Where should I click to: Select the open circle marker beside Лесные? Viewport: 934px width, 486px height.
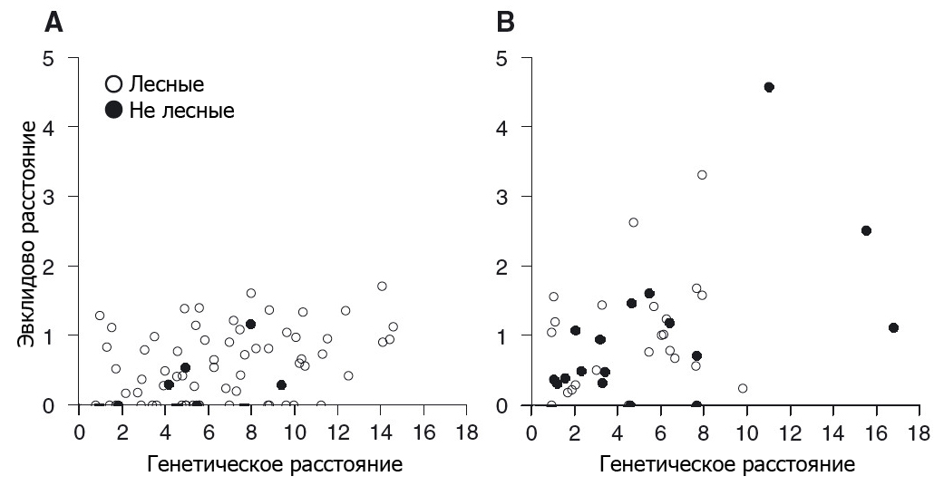[x=113, y=85]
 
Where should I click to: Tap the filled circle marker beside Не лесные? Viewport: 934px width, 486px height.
[x=113, y=110]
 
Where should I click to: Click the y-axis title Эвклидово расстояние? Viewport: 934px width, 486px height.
[x=31, y=231]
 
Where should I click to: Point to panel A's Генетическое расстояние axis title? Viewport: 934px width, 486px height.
[x=274, y=465]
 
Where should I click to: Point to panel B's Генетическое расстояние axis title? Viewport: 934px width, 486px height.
[x=726, y=465]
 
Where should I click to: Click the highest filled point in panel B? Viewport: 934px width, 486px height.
[x=769, y=87]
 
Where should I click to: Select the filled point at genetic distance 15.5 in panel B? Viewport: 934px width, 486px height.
[x=866, y=230]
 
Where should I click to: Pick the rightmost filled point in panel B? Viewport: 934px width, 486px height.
[x=893, y=327]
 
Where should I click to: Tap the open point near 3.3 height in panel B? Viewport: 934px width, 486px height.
[x=702, y=175]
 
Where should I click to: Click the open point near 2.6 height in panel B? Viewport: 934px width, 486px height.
[x=634, y=222]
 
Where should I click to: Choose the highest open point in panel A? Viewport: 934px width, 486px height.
[x=382, y=287]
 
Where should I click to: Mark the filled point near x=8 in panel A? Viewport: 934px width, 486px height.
[x=251, y=324]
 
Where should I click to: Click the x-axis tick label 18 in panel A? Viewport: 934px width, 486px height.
[x=466, y=428]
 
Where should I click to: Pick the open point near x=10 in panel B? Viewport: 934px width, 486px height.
[x=743, y=388]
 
